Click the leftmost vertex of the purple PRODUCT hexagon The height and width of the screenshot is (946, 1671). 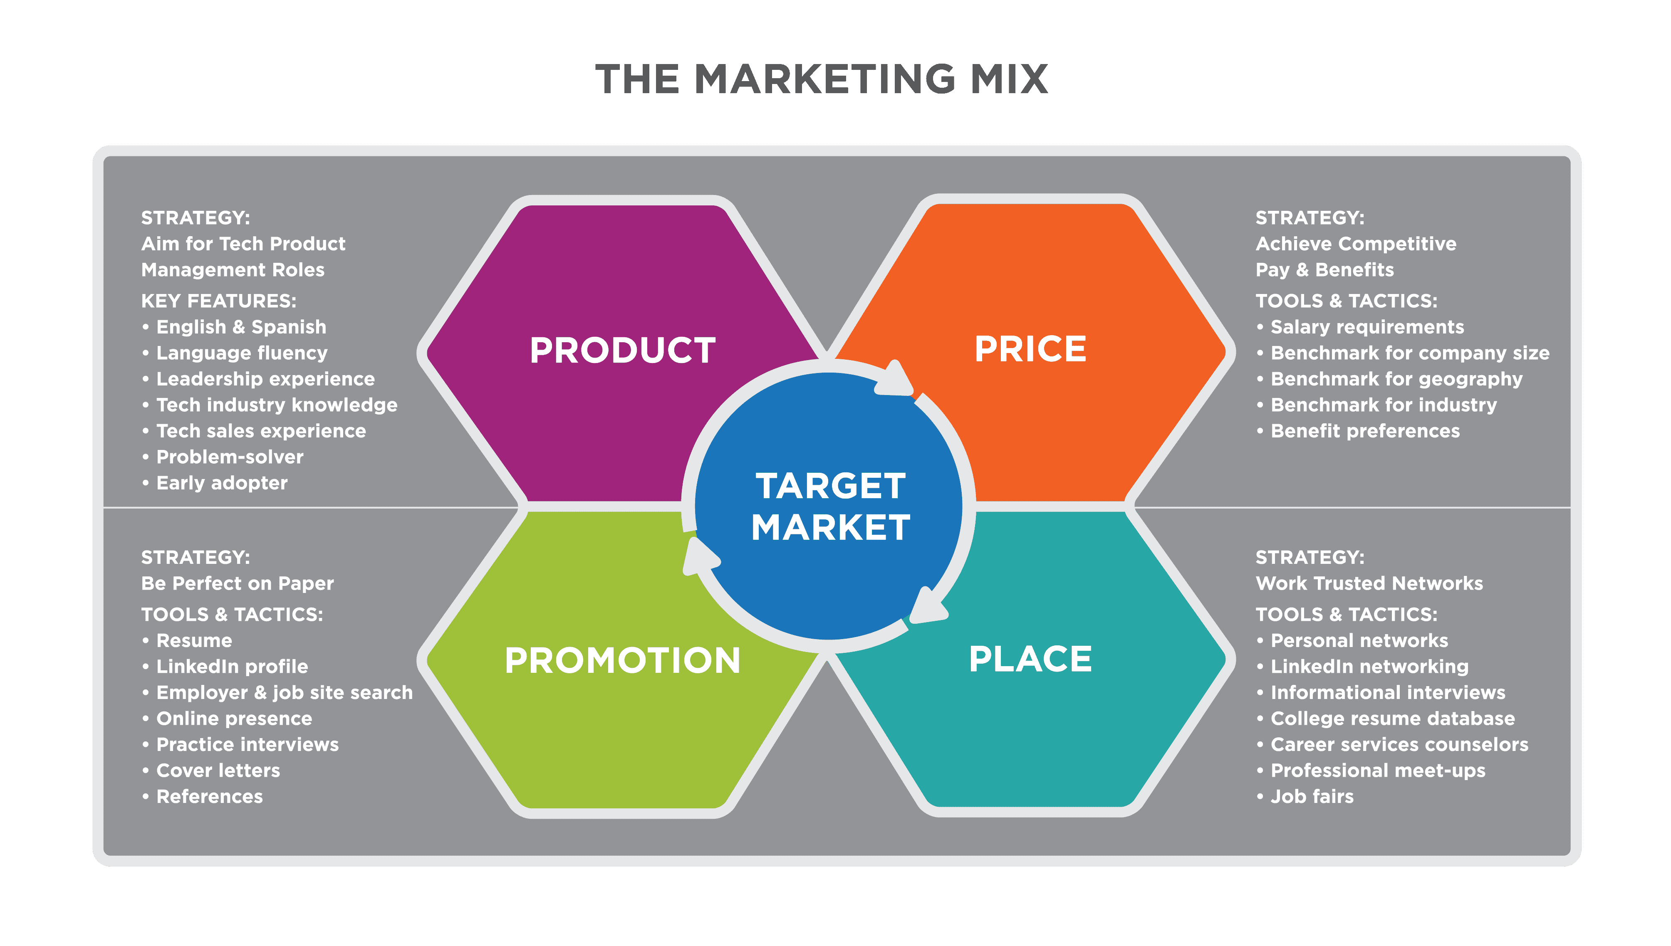[427, 352]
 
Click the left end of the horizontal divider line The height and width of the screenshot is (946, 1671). [104, 507]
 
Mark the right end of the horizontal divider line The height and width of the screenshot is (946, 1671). [1570, 507]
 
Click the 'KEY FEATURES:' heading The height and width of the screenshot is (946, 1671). [218, 301]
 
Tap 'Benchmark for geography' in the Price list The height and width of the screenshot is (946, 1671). [1396, 379]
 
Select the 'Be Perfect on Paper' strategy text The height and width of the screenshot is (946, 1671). [237, 583]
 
